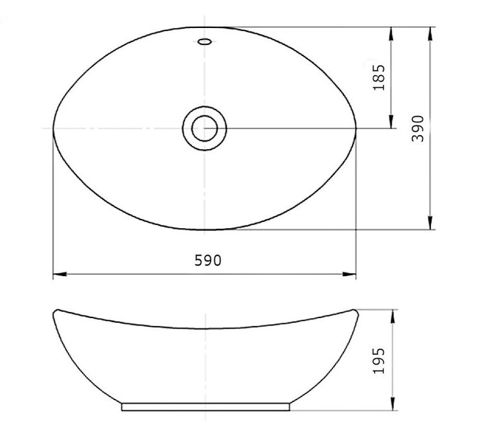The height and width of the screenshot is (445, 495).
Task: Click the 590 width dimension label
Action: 208,260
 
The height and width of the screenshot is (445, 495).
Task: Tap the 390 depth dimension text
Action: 418,129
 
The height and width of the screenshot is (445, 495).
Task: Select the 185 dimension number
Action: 379,77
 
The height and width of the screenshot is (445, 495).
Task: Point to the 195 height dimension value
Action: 379,361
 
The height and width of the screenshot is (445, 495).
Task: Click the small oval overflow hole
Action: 204,41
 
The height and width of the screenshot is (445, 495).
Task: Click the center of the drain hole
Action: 205,128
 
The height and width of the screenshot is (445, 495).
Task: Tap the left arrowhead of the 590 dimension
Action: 59,274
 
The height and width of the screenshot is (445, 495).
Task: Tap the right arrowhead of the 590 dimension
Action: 349,274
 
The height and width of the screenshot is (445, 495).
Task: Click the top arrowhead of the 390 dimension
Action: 430,34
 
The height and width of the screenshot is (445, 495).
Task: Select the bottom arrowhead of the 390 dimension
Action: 430,223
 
